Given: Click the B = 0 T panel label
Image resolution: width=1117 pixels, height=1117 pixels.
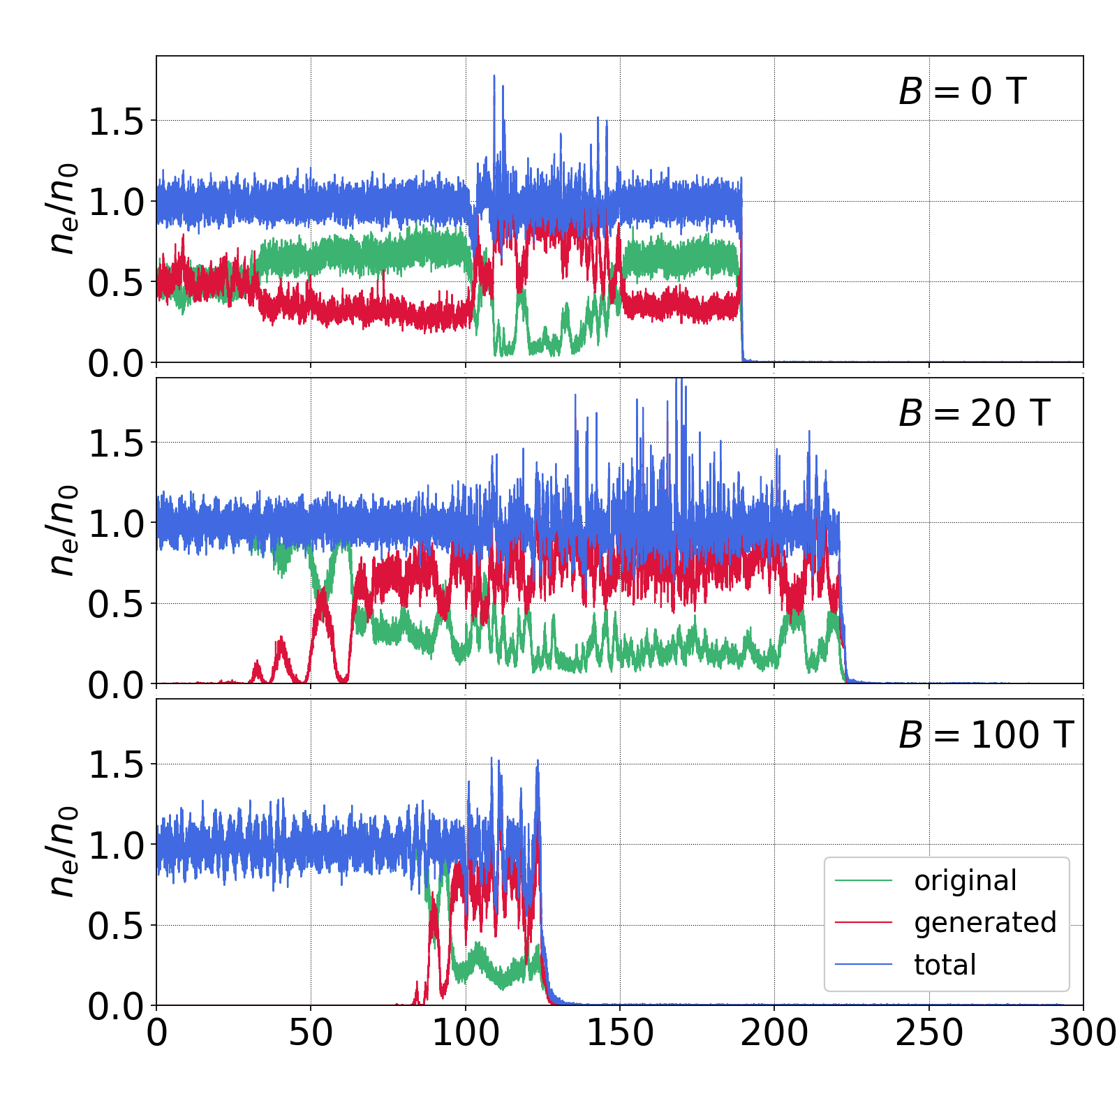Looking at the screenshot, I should (962, 91).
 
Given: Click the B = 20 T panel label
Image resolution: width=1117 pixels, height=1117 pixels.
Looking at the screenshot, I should (974, 413).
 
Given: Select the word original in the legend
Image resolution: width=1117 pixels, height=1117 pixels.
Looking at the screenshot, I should (966, 881).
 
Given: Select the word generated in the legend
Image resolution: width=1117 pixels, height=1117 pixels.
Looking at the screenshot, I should (985, 923).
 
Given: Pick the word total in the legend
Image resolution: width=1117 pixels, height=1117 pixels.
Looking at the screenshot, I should (945, 965).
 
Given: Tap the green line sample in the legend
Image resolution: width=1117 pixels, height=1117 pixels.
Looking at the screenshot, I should (864, 881).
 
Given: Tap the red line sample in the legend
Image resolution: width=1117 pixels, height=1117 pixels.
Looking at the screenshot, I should (864, 923).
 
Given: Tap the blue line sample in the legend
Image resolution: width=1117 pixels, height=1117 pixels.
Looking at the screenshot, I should (864, 965).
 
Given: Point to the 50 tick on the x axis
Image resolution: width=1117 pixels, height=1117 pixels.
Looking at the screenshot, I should (311, 1033).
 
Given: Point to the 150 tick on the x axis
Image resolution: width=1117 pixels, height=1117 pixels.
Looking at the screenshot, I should (620, 1033).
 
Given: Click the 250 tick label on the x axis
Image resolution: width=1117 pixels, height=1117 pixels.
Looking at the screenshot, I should (929, 1033).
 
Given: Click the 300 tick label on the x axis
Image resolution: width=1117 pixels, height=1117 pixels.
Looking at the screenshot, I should (1083, 1033).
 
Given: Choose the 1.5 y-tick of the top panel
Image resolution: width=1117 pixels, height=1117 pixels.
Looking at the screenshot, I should (115, 121).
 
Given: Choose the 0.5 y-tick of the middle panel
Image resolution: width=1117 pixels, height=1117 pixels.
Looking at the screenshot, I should (115, 604).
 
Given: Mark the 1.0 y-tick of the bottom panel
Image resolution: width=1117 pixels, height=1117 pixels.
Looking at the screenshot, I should (115, 845).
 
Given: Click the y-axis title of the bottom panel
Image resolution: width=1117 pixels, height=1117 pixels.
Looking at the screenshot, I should (61, 852).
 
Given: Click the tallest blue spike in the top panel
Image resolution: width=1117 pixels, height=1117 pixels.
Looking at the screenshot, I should (494, 77).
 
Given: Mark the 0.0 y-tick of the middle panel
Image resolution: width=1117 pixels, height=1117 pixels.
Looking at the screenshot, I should (115, 685).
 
